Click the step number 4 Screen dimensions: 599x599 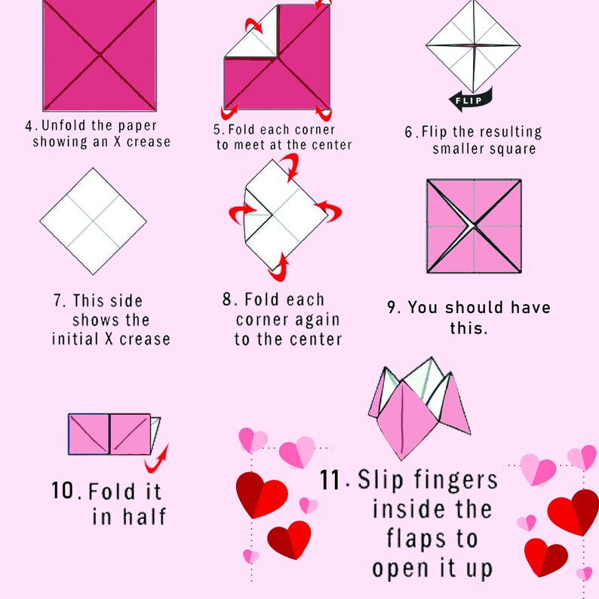point(27,126)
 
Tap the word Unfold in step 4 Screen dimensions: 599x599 point(64,125)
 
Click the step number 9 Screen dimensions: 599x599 point(392,308)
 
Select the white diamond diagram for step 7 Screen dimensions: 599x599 point(94,222)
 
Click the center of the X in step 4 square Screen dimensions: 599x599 point(100,54)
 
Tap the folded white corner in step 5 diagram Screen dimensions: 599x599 point(249,45)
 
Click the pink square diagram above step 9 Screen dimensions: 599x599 point(474,226)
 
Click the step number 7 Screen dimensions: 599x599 point(58,301)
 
